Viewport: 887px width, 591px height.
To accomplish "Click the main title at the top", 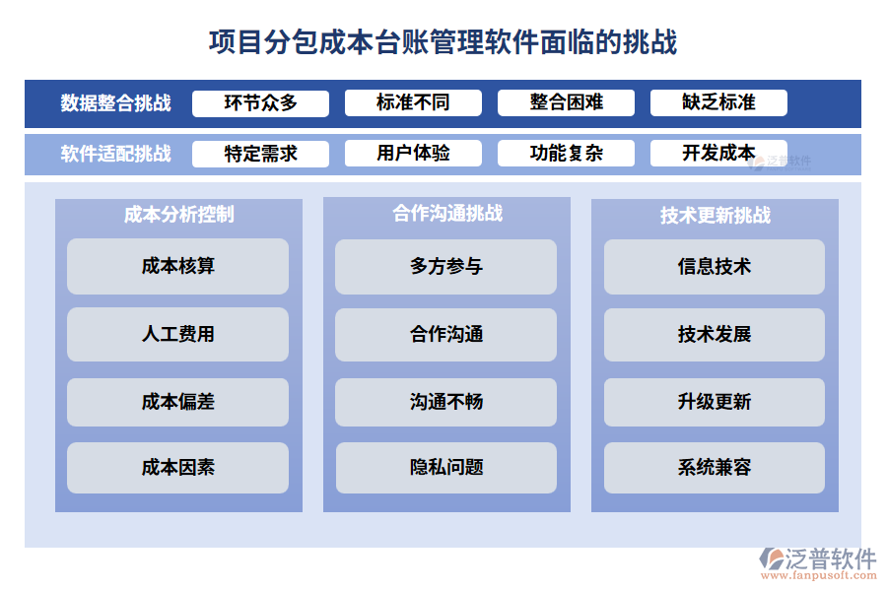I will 443,42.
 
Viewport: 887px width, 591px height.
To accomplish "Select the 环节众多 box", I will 260,102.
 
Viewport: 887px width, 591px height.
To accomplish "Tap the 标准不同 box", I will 413,102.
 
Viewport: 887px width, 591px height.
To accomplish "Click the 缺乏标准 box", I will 718,102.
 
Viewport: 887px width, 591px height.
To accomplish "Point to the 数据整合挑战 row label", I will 115,103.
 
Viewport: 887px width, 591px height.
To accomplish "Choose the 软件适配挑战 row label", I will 115,154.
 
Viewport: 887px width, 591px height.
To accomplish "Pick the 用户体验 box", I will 413,154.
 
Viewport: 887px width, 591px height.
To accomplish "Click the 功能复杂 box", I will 566,154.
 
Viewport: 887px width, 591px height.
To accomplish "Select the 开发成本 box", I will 718,154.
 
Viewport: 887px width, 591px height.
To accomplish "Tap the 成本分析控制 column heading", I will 178,214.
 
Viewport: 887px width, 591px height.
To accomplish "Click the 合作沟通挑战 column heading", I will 446,213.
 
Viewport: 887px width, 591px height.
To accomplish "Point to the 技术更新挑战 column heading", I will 715,215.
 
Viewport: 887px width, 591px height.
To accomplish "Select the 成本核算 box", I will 177,266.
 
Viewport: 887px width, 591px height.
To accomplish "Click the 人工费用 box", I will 177,334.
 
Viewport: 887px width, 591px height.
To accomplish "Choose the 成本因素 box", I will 177,468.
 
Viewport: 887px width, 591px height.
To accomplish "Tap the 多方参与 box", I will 446,266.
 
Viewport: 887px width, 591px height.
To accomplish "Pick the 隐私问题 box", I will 446,468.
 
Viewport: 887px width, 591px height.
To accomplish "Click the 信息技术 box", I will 715,266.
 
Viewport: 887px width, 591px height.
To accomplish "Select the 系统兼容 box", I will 715,468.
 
